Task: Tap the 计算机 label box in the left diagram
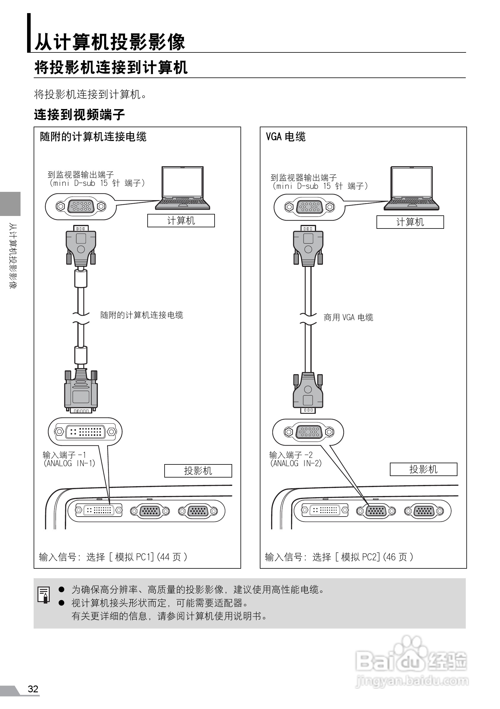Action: tap(181, 220)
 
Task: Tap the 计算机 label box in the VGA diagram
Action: tap(410, 222)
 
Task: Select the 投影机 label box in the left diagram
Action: tap(198, 471)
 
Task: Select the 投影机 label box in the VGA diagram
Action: tap(423, 469)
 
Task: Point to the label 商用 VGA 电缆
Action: tap(348, 318)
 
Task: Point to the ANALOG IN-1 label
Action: tap(69, 463)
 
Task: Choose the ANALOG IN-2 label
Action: tap(296, 463)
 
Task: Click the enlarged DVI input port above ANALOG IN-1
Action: tap(85, 431)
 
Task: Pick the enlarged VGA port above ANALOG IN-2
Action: tap(308, 432)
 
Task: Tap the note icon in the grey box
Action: tap(44, 594)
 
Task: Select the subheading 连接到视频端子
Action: tap(79, 115)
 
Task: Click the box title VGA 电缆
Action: tap(286, 136)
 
